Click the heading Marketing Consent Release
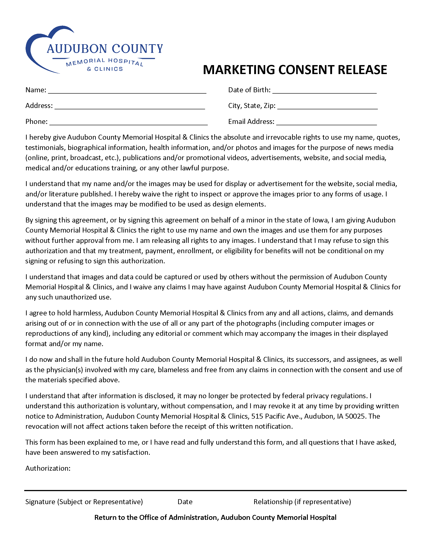click(x=295, y=70)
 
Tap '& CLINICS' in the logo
click(x=105, y=69)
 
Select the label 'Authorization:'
click(x=48, y=468)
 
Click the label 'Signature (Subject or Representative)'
click(x=84, y=502)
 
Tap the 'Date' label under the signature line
click(x=185, y=502)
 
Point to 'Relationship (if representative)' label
click(x=302, y=502)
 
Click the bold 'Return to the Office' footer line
click(x=215, y=517)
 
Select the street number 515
click(x=257, y=416)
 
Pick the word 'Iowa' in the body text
click(x=320, y=220)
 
